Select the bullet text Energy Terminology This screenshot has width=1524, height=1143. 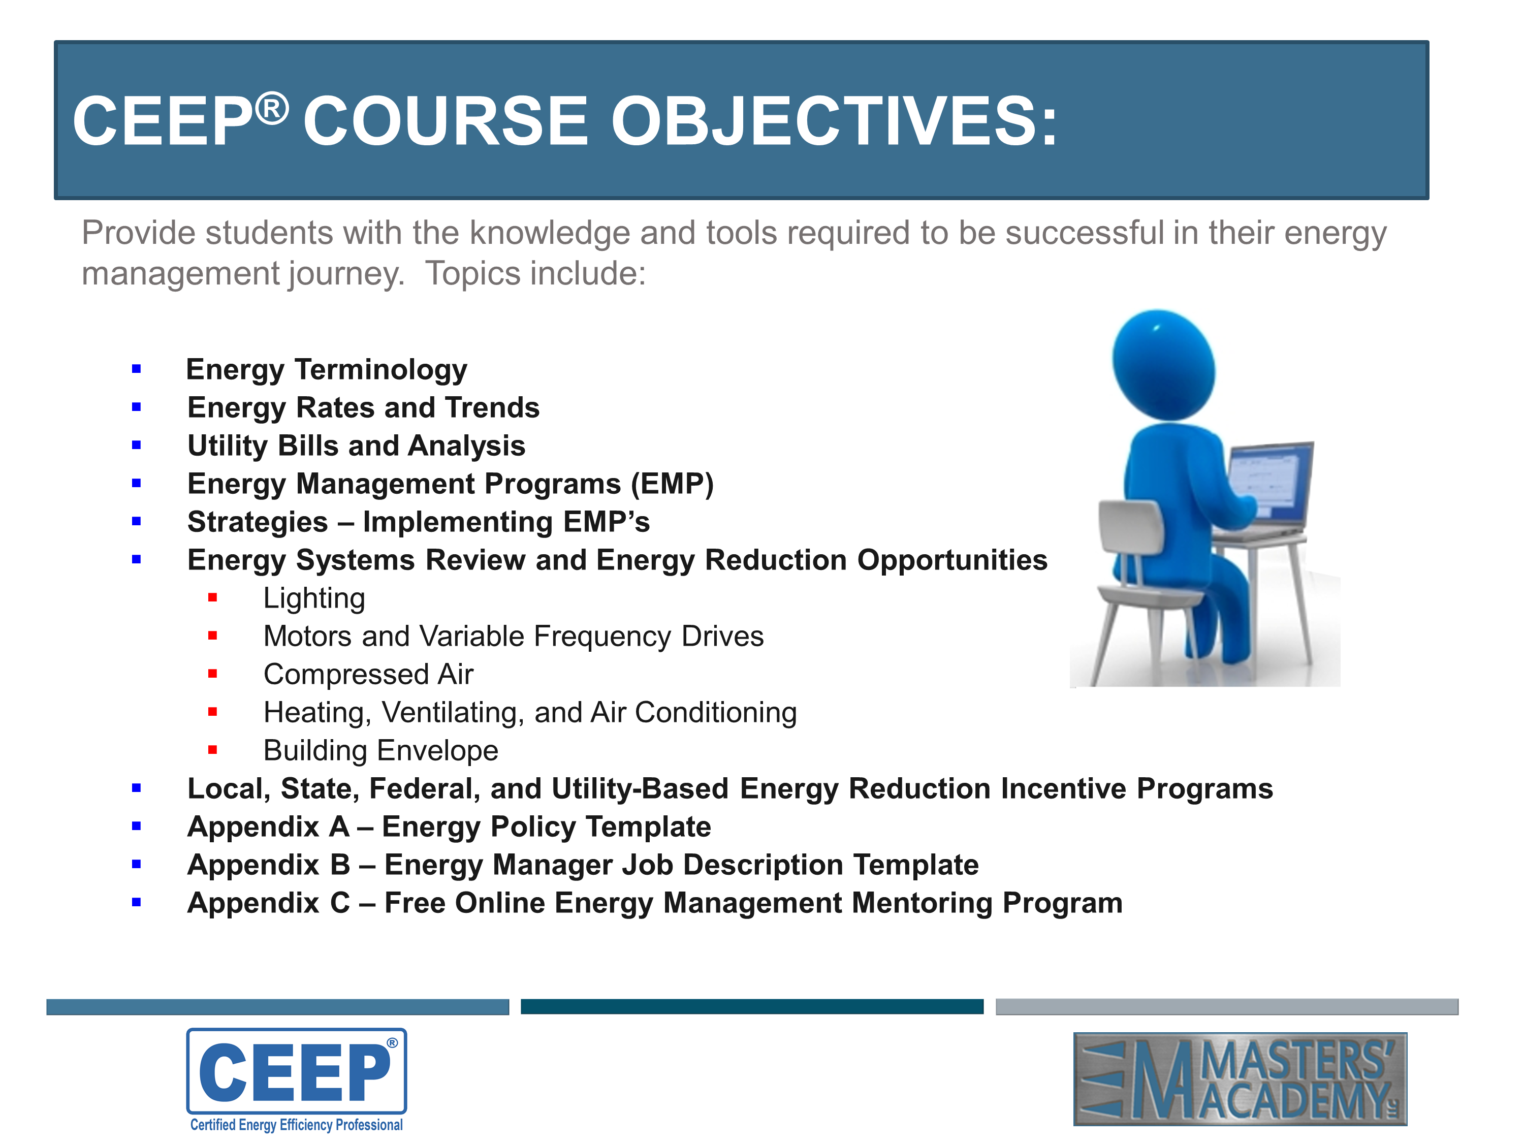(327, 370)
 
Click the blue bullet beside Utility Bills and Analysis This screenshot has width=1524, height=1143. (137, 445)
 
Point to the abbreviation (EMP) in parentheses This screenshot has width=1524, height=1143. (672, 484)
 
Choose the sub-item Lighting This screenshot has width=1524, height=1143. (314, 598)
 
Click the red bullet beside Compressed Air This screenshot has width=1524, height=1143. (213, 674)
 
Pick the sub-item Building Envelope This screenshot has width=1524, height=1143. (381, 750)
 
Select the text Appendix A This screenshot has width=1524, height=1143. (269, 827)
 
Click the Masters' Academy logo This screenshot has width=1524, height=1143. (1240, 1079)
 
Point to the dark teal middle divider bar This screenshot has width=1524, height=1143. (752, 1006)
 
